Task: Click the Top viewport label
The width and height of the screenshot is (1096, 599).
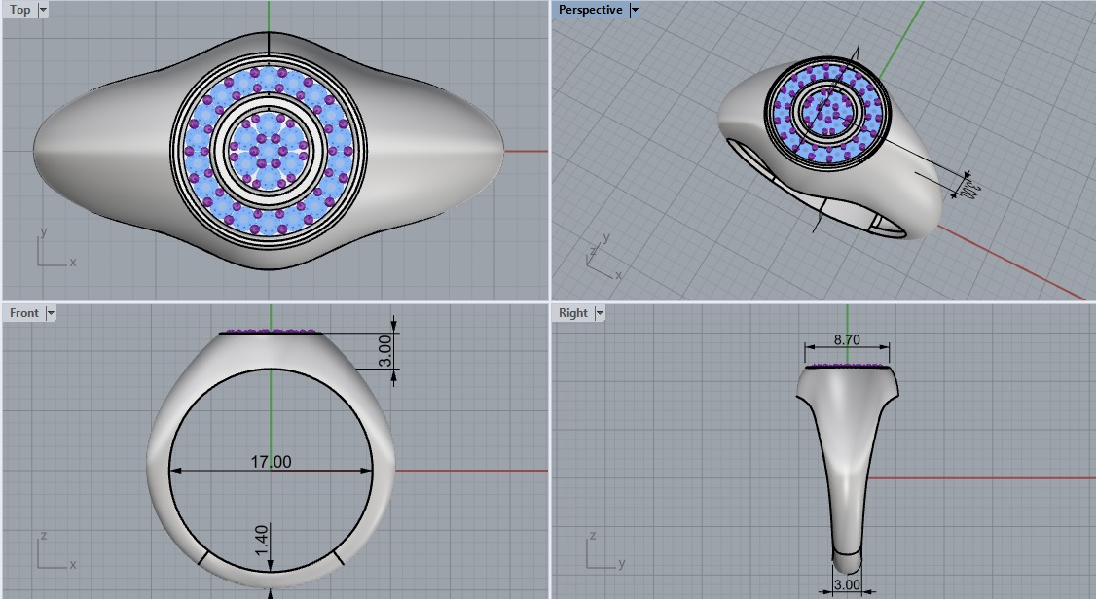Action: coord(19,10)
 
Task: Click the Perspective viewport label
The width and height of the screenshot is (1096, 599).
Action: coord(590,10)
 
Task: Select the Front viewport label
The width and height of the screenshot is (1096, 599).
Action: coord(24,313)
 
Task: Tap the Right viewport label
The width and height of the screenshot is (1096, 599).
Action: coord(573,313)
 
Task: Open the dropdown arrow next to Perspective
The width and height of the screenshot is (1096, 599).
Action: coord(635,10)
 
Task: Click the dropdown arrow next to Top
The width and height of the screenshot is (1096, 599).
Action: coord(43,10)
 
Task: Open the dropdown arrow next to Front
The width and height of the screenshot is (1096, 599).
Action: coord(51,313)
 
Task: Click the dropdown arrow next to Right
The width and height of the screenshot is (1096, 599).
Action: coord(600,313)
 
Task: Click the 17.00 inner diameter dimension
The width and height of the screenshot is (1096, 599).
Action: coord(271,462)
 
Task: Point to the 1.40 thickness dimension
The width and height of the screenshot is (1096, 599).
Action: coord(262,541)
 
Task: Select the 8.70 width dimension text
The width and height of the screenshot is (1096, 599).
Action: coord(847,341)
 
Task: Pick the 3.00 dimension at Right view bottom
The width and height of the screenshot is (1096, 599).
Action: coord(847,585)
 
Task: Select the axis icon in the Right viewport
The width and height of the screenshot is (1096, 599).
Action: coord(600,553)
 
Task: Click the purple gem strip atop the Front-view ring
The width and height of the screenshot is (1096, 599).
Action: coord(271,332)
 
